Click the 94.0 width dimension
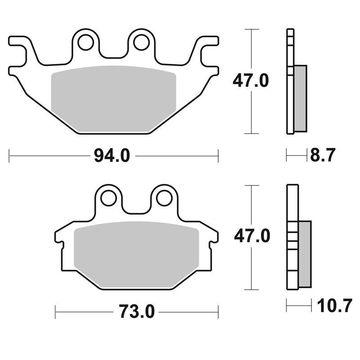point(112,156)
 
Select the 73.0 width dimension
point(137,311)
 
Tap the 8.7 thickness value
point(323,155)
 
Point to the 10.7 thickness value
point(334,306)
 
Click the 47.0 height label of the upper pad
point(251,81)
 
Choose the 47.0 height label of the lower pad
point(252,236)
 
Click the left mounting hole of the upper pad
point(85,42)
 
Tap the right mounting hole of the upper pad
point(141,42)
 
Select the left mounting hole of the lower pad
point(108,198)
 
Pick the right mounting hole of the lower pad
point(164,198)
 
